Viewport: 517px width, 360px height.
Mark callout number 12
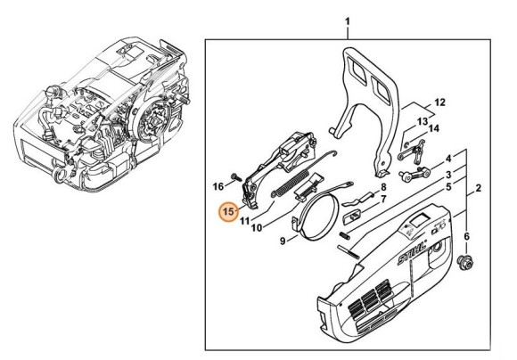pyautogui.click(x=440, y=102)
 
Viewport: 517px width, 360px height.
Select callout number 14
pyautogui.click(x=434, y=128)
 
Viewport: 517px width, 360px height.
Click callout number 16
pyautogui.click(x=217, y=186)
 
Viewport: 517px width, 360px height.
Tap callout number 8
pyautogui.click(x=382, y=187)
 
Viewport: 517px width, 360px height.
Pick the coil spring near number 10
pyautogui.click(x=280, y=188)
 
